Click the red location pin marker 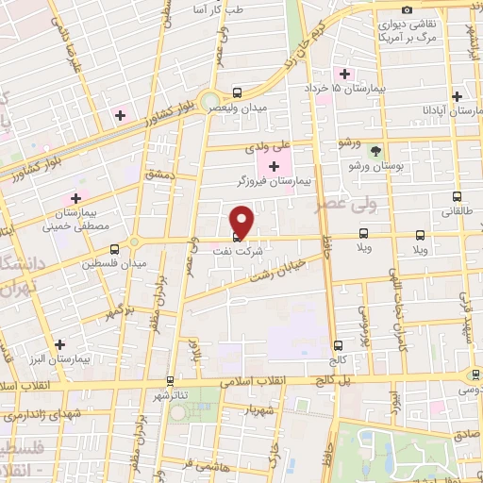pos(242,220)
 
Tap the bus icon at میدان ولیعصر pos(236,93)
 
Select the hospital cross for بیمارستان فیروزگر pos(274,166)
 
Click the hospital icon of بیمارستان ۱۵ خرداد pos(345,74)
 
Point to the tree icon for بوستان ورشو pos(376,151)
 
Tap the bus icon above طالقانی pos(458,198)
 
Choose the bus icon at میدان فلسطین pos(114,249)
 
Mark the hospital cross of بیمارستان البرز pos(60,344)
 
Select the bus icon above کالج pos(338,345)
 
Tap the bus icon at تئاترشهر pos(169,381)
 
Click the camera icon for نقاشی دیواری pos(407,9)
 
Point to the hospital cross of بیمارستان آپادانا pos(457,96)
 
